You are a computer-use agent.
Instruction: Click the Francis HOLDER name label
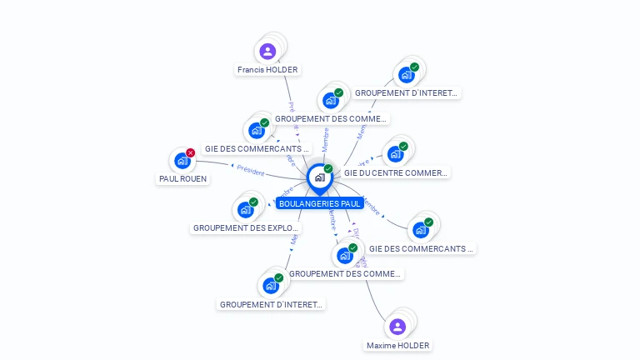coord(267,70)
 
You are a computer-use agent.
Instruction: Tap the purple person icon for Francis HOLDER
coord(267,52)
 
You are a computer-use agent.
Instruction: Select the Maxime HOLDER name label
coord(397,345)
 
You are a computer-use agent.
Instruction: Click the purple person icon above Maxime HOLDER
coord(397,327)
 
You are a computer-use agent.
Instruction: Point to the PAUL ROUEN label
coord(183,178)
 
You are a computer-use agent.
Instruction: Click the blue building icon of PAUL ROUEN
coord(182,161)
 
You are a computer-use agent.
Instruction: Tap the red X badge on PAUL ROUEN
coord(191,152)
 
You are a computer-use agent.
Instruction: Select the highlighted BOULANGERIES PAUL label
coord(319,203)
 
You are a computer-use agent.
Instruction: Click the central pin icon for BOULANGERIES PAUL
coord(319,177)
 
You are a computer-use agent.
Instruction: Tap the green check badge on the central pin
coord(328,168)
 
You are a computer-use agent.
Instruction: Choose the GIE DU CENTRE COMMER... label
coord(396,173)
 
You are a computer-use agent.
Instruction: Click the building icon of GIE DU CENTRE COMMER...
coord(395,154)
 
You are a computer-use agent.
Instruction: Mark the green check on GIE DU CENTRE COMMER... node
coord(403,147)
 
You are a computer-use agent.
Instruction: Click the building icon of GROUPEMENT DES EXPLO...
coord(245,209)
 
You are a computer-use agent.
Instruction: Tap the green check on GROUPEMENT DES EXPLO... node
coord(253,202)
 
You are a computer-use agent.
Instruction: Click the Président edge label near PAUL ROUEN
coord(251,171)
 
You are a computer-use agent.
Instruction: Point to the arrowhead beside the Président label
coord(232,166)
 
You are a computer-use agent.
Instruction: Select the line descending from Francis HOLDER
coord(287,92)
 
